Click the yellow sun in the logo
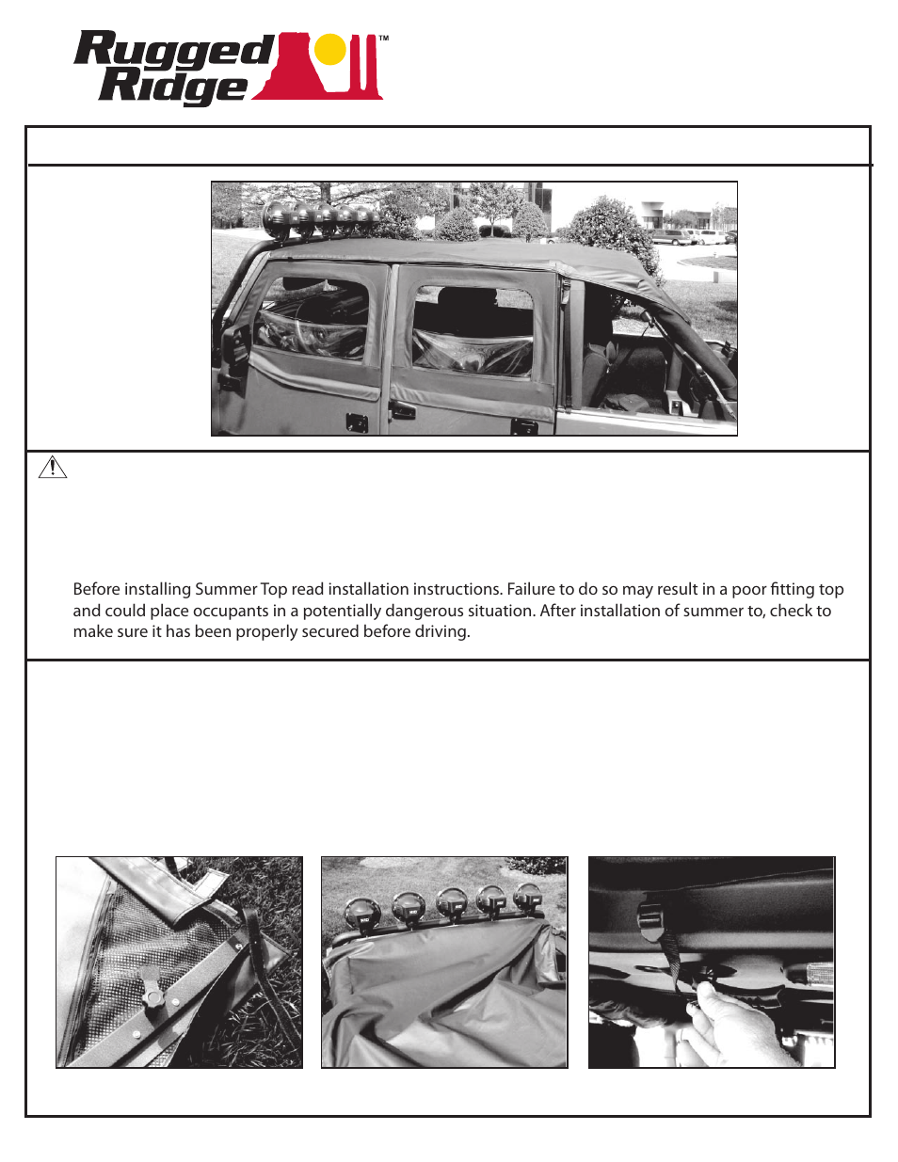[330, 50]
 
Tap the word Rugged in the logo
[174, 50]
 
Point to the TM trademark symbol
[383, 40]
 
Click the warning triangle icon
[53, 467]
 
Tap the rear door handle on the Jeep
[402, 410]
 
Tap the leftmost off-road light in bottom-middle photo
[363, 912]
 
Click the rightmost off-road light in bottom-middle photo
[526, 898]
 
